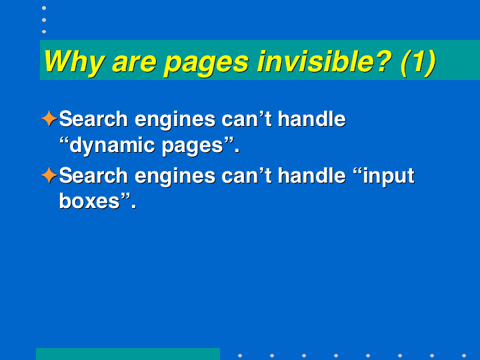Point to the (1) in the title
[x=418, y=63]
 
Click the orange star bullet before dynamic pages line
[x=49, y=119]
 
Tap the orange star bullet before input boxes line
[x=49, y=175]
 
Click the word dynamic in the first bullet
[x=112, y=146]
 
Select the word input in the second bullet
[x=389, y=176]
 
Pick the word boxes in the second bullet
[x=89, y=201]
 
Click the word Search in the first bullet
[x=93, y=119]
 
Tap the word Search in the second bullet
[x=93, y=175]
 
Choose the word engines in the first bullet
[x=175, y=120]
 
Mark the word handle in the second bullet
[x=311, y=175]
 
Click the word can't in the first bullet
[x=247, y=119]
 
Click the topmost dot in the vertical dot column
[x=44, y=8]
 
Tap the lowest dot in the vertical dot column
[x=44, y=31]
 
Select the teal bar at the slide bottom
[x=128, y=354]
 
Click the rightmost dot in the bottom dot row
[x=464, y=355]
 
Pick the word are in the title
[x=135, y=63]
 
